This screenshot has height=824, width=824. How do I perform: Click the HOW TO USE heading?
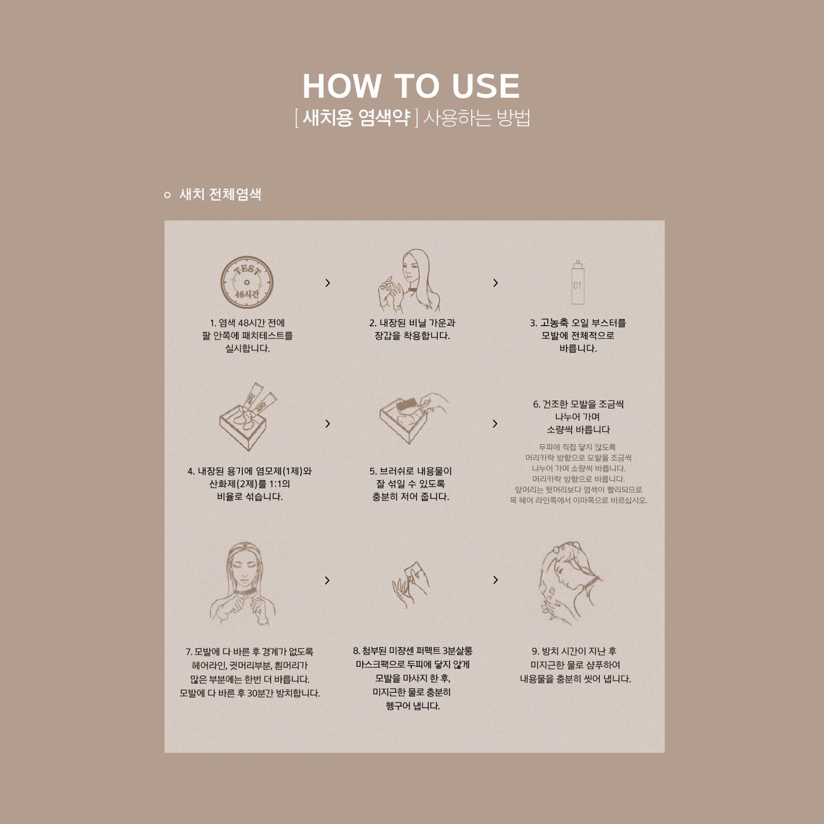click(x=411, y=86)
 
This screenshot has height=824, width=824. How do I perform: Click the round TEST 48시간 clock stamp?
click(x=247, y=282)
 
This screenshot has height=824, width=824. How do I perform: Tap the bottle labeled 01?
click(x=577, y=282)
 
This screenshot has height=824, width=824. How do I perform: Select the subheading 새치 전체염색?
click(x=220, y=194)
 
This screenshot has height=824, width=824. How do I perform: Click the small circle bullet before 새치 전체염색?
click(x=167, y=195)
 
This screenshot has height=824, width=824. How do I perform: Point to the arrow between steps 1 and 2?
click(x=328, y=283)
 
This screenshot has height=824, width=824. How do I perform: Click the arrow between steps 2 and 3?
click(x=496, y=283)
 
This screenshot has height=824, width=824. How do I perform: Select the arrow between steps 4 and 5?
click(x=328, y=423)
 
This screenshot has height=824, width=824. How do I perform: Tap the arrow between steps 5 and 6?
click(x=496, y=423)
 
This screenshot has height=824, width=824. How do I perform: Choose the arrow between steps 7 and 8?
click(x=328, y=580)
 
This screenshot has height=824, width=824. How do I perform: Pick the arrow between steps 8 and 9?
click(x=496, y=580)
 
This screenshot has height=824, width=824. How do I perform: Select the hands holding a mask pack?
click(x=410, y=586)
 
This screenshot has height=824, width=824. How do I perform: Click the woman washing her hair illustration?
click(x=570, y=583)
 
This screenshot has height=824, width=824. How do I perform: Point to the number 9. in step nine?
click(x=536, y=651)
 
